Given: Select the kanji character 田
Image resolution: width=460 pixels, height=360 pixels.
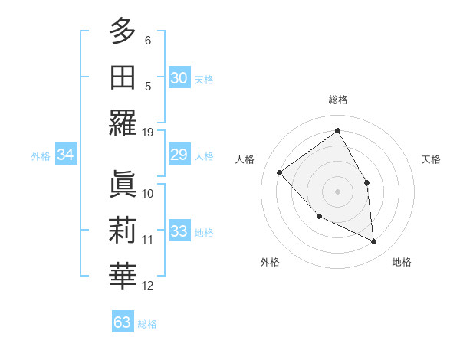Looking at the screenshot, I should (x=123, y=77).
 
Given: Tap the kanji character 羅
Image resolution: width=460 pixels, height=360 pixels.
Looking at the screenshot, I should (x=123, y=123).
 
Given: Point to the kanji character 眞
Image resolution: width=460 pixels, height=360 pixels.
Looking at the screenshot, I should (x=123, y=184).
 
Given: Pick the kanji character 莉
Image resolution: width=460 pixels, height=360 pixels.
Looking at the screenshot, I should (x=123, y=231).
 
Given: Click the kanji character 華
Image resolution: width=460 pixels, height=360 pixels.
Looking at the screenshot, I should (x=123, y=277).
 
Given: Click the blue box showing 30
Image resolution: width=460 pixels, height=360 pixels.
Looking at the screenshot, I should (x=179, y=77).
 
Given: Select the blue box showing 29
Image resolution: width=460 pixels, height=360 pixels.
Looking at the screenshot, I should (x=179, y=155).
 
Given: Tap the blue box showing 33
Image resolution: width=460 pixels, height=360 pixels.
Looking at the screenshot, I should (x=179, y=231).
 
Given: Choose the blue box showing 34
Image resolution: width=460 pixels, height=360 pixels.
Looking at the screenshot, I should (x=66, y=155).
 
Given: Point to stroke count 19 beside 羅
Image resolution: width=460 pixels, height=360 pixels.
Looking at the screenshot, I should (x=148, y=132).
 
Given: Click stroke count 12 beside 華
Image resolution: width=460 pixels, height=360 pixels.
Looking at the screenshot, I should (x=148, y=286).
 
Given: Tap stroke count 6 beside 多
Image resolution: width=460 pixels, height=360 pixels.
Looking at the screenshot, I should (x=148, y=39).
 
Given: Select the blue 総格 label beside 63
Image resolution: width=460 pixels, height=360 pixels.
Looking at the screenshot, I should (x=148, y=324).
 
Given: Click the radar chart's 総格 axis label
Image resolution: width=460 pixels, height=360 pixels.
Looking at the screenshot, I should (x=337, y=100).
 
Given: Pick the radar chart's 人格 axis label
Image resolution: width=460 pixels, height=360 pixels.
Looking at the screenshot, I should (x=245, y=159).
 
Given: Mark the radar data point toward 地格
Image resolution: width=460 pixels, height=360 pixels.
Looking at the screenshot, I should (x=374, y=241).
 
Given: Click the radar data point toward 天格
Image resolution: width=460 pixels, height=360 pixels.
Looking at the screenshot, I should (x=367, y=182).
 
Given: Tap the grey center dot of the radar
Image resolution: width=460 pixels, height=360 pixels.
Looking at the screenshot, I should (x=337, y=191).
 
